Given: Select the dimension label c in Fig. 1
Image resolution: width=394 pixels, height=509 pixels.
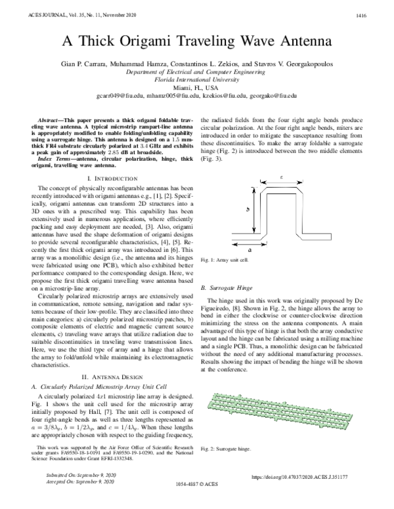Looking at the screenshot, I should [281, 177].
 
